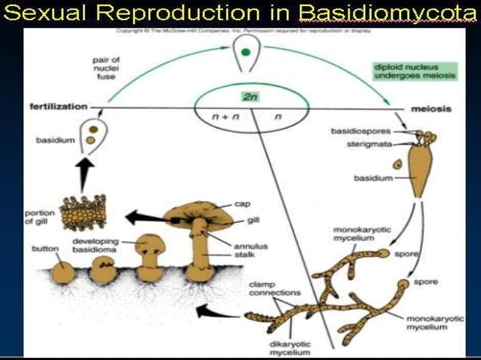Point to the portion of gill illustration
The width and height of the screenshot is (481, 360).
click(x=82, y=214)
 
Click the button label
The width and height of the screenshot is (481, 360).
click(x=45, y=248)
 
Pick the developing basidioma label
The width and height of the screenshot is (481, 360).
click(x=98, y=245)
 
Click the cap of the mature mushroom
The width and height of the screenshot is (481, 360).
click(x=198, y=213)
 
